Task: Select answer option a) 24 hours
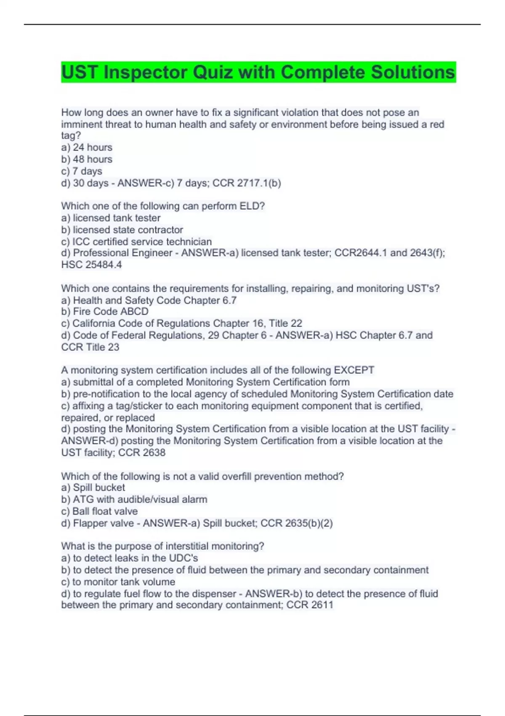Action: tap(87, 147)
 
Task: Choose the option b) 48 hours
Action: tap(87, 159)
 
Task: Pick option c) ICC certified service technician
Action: tap(136, 242)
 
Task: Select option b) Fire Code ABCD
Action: tap(105, 311)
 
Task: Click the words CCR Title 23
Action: tap(90, 347)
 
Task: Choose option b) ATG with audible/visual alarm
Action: tap(134, 499)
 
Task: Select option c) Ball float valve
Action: tap(99, 511)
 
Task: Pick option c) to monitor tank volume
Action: tap(118, 582)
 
